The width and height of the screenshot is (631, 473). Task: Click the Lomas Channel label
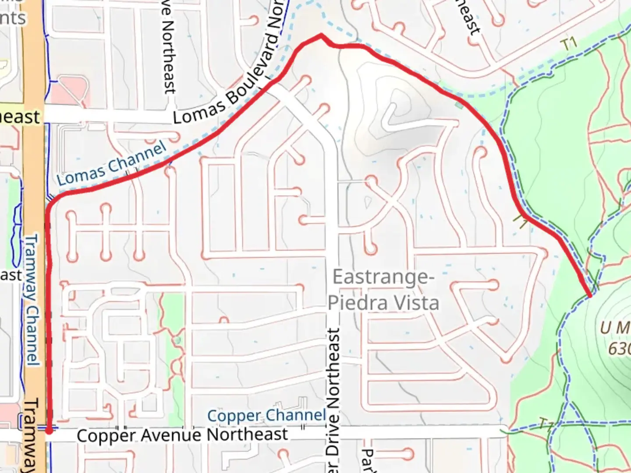click(111, 164)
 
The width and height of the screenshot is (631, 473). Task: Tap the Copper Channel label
click(266, 415)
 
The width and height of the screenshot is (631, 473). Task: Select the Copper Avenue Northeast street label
click(182, 435)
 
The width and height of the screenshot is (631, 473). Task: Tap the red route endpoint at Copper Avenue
click(49, 431)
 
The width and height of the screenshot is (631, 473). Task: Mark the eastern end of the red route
click(590, 296)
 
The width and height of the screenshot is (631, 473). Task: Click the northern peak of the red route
click(321, 35)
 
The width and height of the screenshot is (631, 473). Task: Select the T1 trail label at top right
click(569, 44)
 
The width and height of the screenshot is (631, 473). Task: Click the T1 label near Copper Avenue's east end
click(546, 424)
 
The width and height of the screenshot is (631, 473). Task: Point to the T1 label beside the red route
click(521, 220)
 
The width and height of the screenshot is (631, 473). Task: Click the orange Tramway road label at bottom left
click(32, 434)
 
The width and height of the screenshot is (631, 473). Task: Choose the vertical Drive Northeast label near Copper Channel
click(333, 394)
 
